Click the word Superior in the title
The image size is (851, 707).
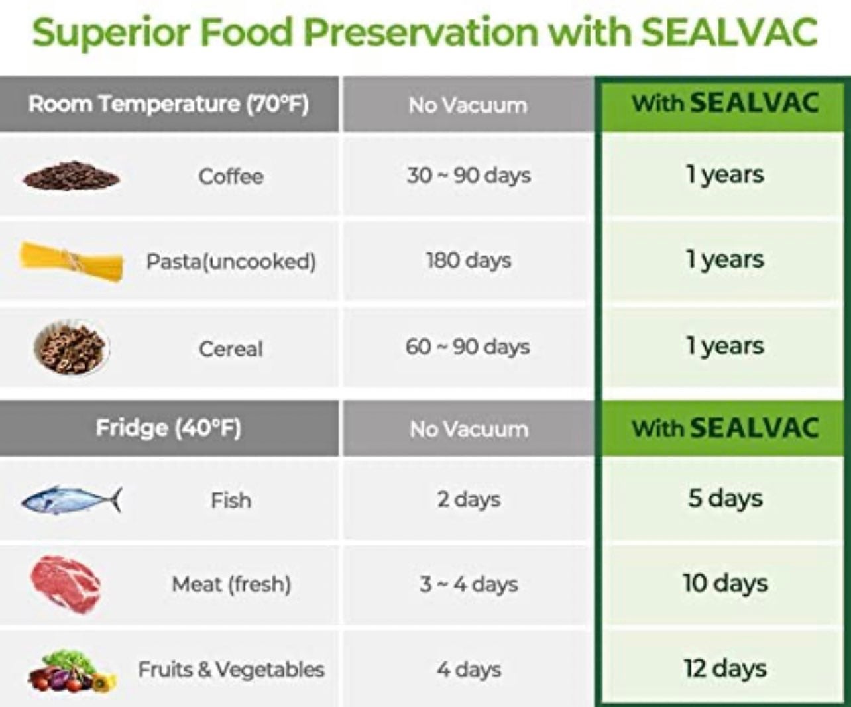111,33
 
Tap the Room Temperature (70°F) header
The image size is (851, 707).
169,104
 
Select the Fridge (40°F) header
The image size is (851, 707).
168,428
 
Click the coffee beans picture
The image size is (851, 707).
72,176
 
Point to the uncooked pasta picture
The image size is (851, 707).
71,261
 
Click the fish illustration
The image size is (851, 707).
72,500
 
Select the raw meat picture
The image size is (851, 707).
65,584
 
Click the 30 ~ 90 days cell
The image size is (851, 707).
469,176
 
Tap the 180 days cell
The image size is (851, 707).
469,261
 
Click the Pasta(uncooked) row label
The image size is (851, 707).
231,261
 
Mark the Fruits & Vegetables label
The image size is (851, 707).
231,670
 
